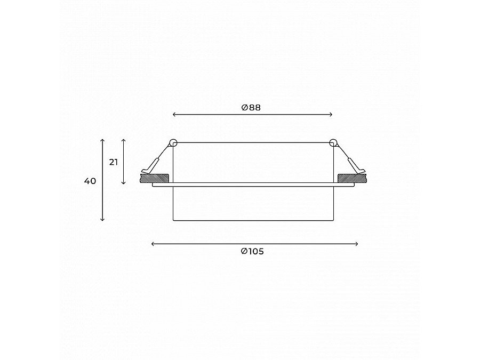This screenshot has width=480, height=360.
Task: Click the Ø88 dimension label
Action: click(251, 107)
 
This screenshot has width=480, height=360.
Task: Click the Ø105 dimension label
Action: click(252, 252)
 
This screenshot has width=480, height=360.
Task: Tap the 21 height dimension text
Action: click(114, 162)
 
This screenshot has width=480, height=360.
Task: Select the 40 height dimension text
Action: click(90, 181)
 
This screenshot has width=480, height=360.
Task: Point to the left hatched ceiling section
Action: click(155, 178)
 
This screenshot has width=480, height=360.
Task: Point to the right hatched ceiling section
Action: click(352, 178)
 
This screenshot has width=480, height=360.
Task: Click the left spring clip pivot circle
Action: click(173, 142)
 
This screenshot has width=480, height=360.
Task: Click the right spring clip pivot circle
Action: click(333, 142)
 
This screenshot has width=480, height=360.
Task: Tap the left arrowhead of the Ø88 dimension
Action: click(175, 115)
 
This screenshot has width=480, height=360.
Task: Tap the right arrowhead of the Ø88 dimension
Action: click(331, 115)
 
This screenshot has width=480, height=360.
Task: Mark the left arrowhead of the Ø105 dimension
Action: click(153, 244)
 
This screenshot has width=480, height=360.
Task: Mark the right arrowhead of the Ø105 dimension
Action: click(357, 244)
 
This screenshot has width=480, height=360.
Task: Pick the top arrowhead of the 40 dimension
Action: click(102, 140)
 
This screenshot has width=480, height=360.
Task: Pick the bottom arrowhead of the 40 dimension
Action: click(102, 219)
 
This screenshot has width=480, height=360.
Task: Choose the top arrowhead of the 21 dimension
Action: click(124, 140)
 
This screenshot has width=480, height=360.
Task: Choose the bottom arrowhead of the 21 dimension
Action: click(124, 183)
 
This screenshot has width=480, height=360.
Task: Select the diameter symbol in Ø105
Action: click(244, 252)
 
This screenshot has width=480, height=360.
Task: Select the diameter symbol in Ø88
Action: click(244, 107)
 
